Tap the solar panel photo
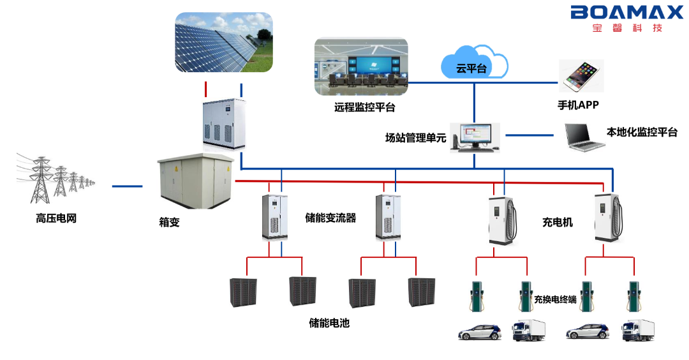pyautogui.click(x=224, y=42)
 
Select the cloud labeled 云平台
pyautogui.click(x=474, y=64)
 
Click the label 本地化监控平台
pyautogui.click(x=641, y=133)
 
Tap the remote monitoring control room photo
pyautogui.click(x=360, y=67)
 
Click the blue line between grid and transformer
pyautogui.click(x=127, y=186)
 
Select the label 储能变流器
pyautogui.click(x=330, y=218)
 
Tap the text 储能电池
pyautogui.click(x=329, y=323)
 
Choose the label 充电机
pyautogui.click(x=558, y=222)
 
